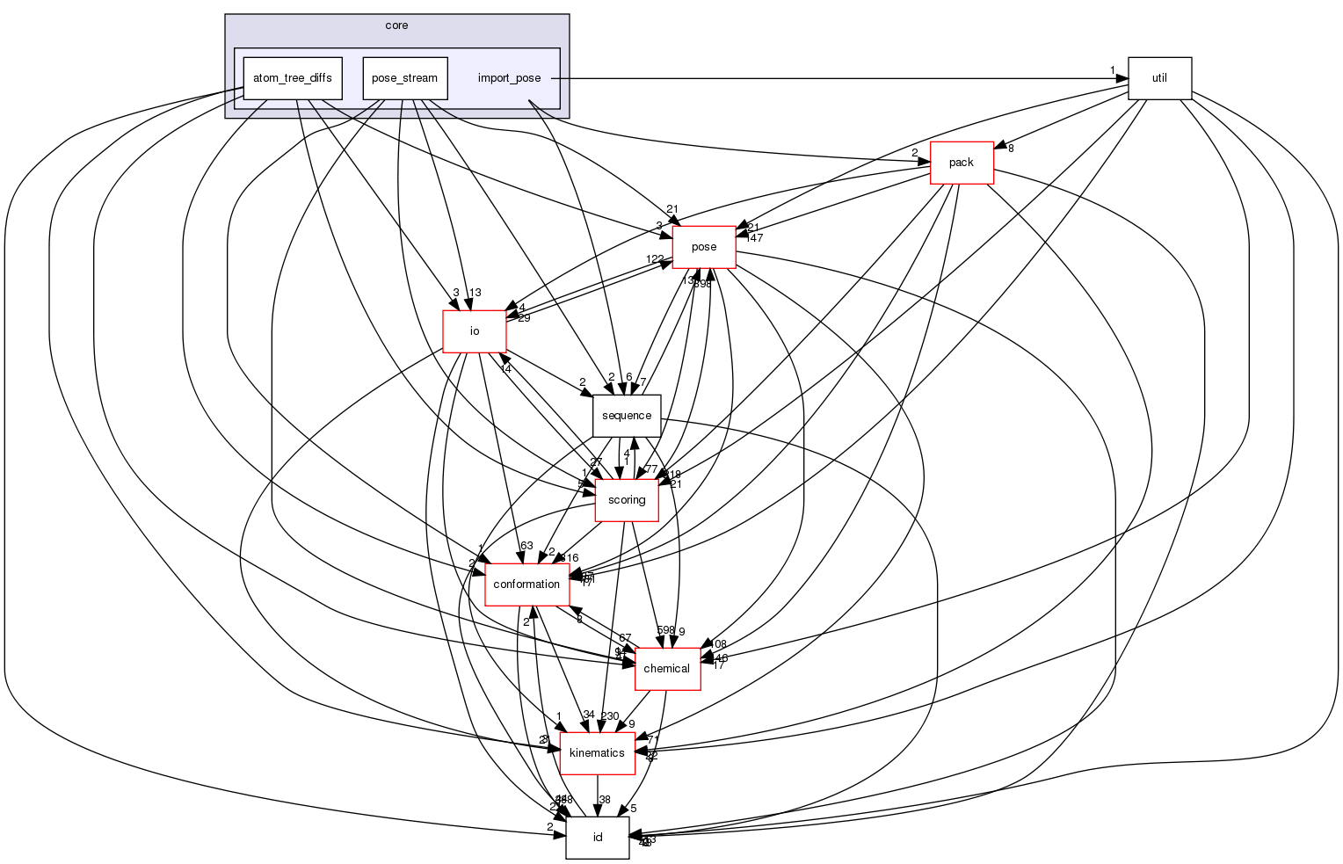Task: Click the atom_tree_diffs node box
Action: (292, 78)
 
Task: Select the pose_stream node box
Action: (404, 78)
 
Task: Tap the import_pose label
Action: (509, 78)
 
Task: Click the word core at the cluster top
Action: (396, 25)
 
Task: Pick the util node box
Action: (1159, 78)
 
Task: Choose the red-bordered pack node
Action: (962, 163)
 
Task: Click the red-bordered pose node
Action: (703, 247)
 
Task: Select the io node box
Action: (475, 331)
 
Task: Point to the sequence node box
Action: (627, 416)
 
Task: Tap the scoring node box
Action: (627, 500)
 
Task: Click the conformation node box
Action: (526, 584)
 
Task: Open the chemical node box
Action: (666, 669)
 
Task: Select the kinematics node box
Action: (597, 753)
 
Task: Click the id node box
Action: (597, 838)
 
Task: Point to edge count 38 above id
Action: (605, 800)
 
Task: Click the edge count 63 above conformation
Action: (526, 546)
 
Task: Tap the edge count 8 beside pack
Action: (1011, 149)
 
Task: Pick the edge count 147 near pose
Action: (753, 238)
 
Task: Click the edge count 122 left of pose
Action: (655, 258)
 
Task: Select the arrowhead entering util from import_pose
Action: (1122, 78)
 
